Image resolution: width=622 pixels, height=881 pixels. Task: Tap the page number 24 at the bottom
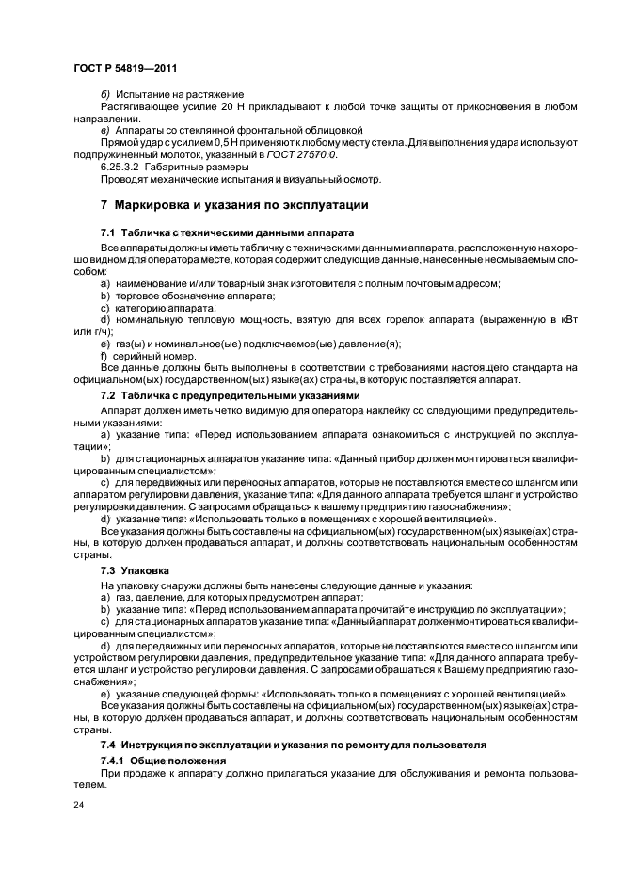click(x=78, y=804)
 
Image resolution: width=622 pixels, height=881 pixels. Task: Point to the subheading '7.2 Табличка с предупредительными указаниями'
click(x=231, y=395)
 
